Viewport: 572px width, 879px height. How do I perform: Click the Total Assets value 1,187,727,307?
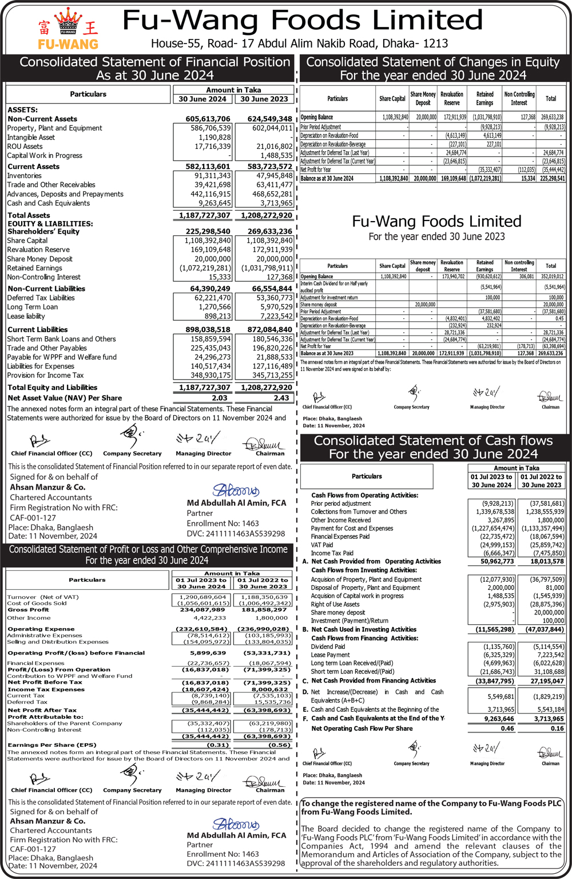tap(204, 215)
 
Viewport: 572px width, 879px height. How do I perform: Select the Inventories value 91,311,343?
tap(212, 176)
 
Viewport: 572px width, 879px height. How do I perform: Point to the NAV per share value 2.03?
tap(220, 398)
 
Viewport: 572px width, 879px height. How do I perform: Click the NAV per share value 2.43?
tap(281, 398)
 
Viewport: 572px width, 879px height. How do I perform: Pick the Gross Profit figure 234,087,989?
tap(202, 610)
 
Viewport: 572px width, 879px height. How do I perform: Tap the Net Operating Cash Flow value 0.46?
tap(507, 728)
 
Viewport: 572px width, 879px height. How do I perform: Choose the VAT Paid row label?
tap(321, 545)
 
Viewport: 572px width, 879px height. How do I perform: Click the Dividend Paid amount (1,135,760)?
tap(497, 647)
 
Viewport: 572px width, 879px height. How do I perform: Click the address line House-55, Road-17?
tap(299, 44)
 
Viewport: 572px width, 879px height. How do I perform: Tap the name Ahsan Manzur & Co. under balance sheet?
tap(47, 487)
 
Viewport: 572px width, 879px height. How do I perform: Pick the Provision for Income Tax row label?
tap(45, 375)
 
